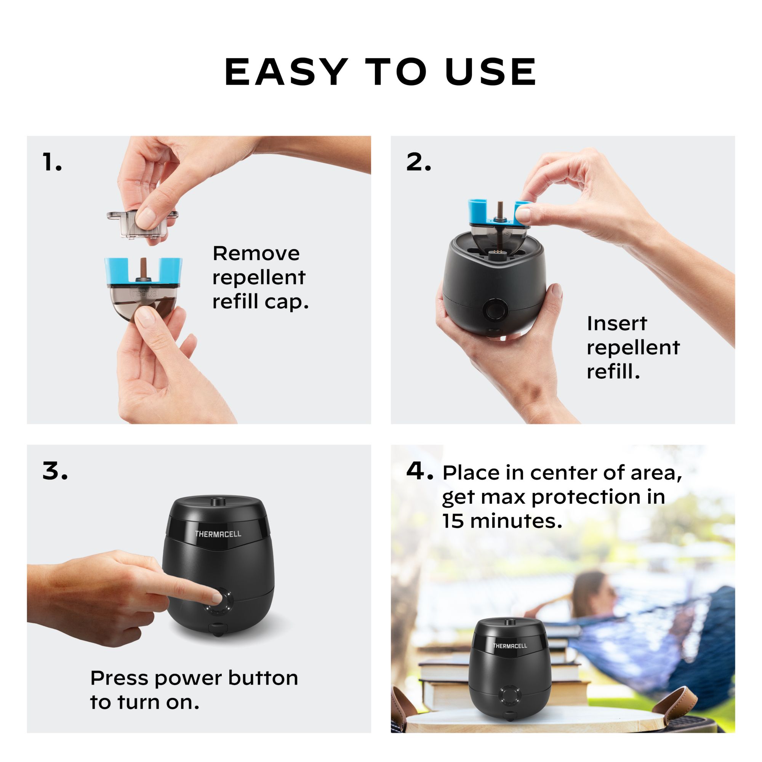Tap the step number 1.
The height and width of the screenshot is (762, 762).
pyautogui.click(x=52, y=162)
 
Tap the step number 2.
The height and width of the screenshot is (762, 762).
pyautogui.click(x=418, y=162)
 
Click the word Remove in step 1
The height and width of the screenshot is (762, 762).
pyautogui.click(x=256, y=253)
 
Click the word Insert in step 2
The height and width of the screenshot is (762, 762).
pyautogui.click(x=616, y=324)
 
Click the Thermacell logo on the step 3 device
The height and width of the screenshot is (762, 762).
pyautogui.click(x=218, y=534)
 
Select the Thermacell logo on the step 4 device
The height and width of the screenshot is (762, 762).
pyautogui.click(x=509, y=646)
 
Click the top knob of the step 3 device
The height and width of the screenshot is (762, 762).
pyautogui.click(x=216, y=502)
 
